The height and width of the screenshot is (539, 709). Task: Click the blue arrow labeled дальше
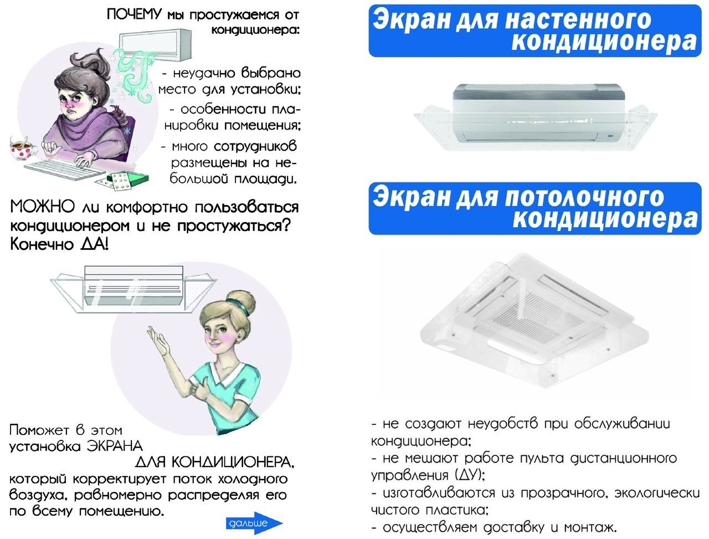coord(254,523)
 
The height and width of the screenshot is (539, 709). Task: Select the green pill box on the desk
coord(130,179)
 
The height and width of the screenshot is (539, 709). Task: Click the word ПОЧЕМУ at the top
coord(133,14)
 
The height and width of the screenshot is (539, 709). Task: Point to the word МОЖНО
coord(42,207)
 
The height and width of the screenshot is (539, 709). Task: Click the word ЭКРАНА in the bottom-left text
coord(115,446)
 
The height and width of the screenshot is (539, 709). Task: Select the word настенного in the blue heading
coord(578,19)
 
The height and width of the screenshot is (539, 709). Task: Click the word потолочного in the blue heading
coord(584,197)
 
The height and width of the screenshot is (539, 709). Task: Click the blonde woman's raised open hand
coord(158,341)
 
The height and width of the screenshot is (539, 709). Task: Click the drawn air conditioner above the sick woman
coord(155,45)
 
